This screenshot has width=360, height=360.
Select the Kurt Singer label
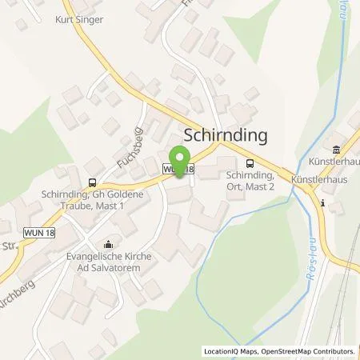click(x=80, y=19)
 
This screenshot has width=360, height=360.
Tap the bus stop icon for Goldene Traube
click(x=93, y=182)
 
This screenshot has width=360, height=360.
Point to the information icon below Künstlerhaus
click(x=321, y=203)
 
